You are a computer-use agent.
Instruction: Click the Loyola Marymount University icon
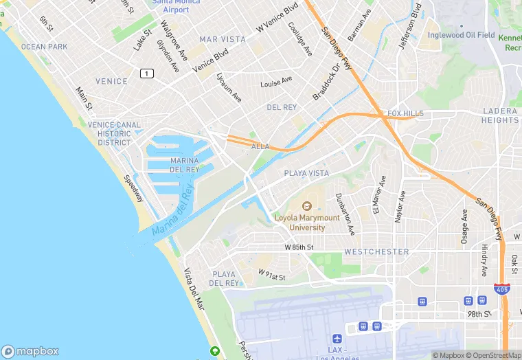(307, 205)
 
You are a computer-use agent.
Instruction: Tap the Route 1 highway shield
(146, 73)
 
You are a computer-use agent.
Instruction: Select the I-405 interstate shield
(502, 290)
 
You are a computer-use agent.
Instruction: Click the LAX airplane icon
(337, 339)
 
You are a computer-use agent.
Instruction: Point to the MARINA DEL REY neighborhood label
(184, 165)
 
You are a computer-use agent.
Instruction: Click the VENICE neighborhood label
(111, 81)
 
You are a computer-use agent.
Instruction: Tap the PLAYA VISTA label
(306, 174)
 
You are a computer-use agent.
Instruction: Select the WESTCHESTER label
(376, 252)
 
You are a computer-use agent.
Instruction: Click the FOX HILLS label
(405, 113)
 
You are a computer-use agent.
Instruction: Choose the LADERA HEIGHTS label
(500, 115)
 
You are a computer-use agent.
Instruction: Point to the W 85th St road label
(299, 247)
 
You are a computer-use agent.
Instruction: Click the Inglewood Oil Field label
(461, 35)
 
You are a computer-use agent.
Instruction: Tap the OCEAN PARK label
(44, 47)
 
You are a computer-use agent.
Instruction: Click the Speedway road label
(133, 188)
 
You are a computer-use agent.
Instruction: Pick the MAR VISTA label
(222, 39)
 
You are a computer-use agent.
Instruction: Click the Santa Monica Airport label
(171, 6)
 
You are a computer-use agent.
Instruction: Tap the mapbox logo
(30, 351)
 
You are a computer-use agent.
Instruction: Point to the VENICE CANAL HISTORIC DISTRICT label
(114, 134)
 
